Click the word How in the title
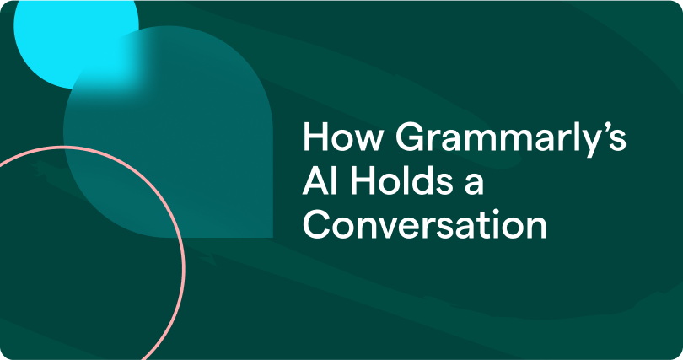pyautogui.click(x=332, y=138)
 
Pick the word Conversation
pyautogui.click(x=425, y=226)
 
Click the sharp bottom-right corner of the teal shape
pyautogui.click(x=271, y=235)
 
